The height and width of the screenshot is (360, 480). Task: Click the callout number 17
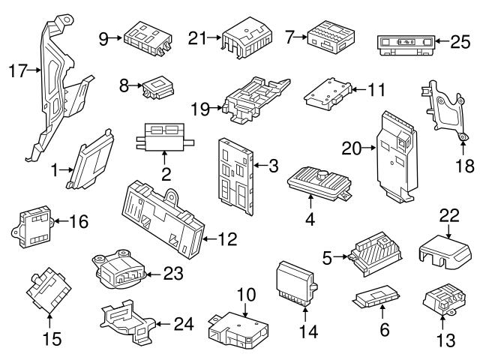click(x=16, y=71)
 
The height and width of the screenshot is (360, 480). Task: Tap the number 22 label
click(x=448, y=214)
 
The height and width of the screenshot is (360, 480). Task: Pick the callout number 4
click(x=309, y=220)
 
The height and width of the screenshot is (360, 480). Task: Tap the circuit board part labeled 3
click(x=235, y=169)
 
